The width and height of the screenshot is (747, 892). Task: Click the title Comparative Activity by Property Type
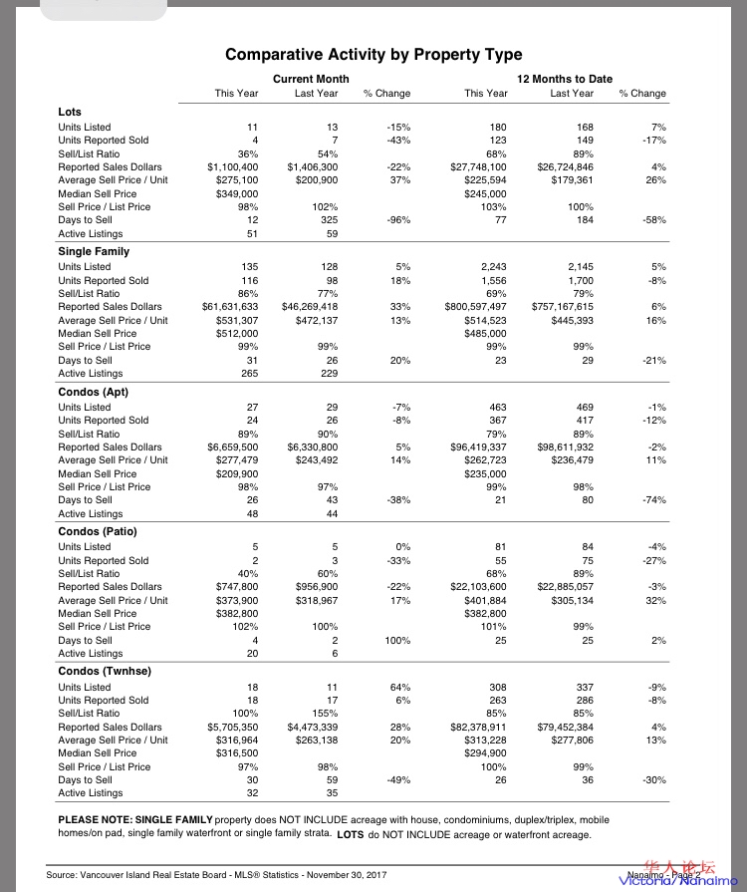(x=373, y=55)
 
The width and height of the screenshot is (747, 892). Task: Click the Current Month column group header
(x=311, y=78)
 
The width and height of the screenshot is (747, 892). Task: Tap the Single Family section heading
(x=94, y=252)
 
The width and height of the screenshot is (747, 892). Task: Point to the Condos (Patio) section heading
(x=99, y=532)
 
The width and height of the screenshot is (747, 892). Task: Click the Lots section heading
(x=70, y=112)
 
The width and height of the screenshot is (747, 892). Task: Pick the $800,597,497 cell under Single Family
(x=476, y=307)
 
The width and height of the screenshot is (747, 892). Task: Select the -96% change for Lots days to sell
(x=397, y=220)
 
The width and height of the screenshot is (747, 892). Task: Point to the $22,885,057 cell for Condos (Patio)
(x=566, y=587)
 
